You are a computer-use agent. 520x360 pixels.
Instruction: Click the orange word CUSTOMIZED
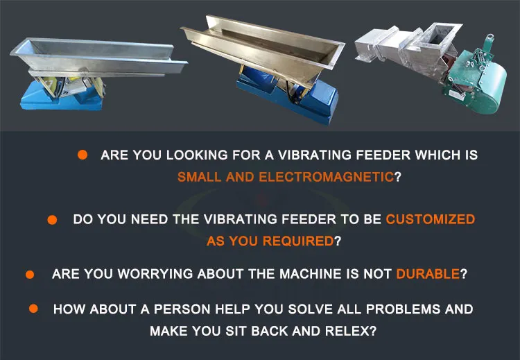[x=431, y=219]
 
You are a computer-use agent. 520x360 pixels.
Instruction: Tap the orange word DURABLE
[x=428, y=273]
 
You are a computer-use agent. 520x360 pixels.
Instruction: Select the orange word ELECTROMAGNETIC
[x=326, y=176]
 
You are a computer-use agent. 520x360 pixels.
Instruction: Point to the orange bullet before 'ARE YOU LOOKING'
[x=83, y=155]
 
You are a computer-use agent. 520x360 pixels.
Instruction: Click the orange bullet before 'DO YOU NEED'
[x=52, y=219]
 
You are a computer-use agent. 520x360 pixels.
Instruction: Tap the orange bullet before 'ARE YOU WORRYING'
[x=30, y=274]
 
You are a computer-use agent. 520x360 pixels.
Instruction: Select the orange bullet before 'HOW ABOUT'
[x=33, y=308]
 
